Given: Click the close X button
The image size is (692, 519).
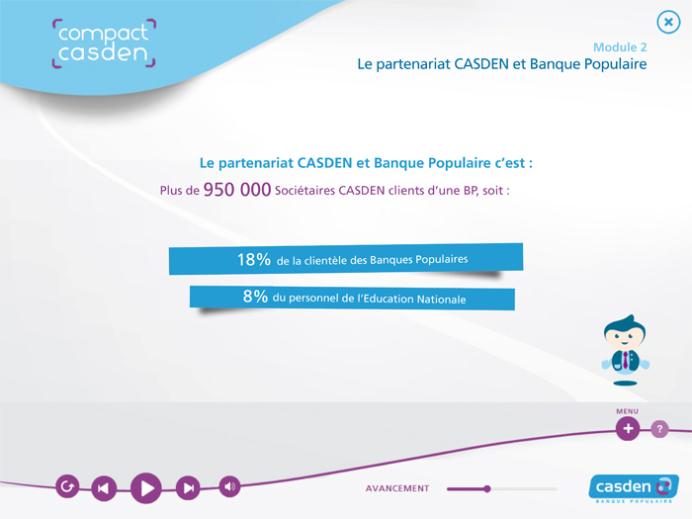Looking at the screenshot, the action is tap(668, 22).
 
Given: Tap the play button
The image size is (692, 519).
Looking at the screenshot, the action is tap(146, 488).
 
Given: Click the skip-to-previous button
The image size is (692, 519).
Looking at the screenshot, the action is tap(104, 488).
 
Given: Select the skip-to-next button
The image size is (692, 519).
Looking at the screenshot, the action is tap(188, 487).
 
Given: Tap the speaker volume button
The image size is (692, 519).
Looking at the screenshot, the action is tap(229, 486).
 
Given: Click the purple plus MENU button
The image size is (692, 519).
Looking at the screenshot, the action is tap(628, 428).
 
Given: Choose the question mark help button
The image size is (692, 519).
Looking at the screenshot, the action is tap(659, 428).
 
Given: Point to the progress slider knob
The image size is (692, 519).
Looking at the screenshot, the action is tap(486, 488).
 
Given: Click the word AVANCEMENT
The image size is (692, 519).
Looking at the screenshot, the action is tap(397, 488).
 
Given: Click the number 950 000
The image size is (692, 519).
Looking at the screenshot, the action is tap(237, 190).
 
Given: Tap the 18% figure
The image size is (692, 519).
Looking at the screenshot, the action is tap(254, 259).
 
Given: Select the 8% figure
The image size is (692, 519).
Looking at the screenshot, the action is tap(255, 296).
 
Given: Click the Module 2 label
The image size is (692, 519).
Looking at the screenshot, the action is tap(620, 47).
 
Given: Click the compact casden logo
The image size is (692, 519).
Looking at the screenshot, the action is tap(104, 43).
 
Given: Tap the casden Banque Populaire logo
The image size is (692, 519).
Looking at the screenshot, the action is tap(634, 488).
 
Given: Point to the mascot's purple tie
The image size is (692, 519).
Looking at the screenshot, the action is tap(626, 360).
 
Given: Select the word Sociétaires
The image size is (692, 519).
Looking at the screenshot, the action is tap(304, 191).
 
